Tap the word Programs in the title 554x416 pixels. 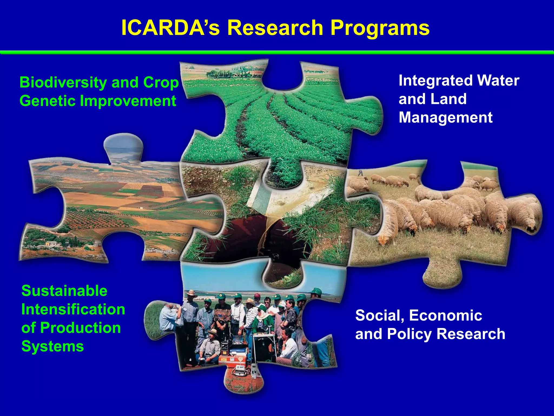click(x=380, y=28)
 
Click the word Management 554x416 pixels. click(x=446, y=118)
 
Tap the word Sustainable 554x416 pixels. click(x=64, y=291)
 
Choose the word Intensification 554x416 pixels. click(x=73, y=309)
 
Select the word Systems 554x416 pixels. click(x=52, y=346)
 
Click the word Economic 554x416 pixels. click(x=446, y=315)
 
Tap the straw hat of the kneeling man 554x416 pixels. click(x=213, y=332)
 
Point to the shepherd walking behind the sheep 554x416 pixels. click(x=360, y=173)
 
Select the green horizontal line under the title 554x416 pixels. click(x=277, y=52)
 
